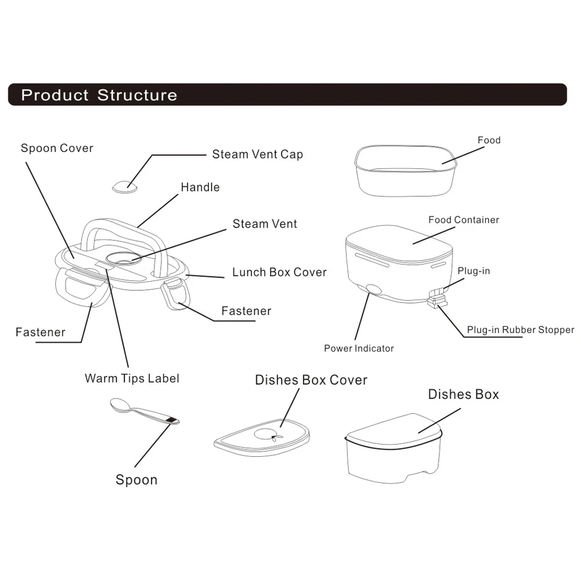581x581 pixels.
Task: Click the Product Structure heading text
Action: point(99,95)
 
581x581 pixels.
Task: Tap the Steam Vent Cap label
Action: point(257,154)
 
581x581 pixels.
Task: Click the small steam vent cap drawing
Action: point(125,186)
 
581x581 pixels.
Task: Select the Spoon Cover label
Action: point(57,148)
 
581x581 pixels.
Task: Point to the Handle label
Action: point(200,187)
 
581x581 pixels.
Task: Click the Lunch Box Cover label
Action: point(279,272)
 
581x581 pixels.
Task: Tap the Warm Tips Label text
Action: point(132,378)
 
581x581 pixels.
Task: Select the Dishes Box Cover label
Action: point(311,380)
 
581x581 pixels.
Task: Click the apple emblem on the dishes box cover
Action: point(272,434)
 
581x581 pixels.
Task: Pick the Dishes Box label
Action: point(463,395)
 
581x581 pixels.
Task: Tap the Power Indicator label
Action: point(359,348)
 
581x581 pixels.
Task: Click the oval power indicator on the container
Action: point(372,290)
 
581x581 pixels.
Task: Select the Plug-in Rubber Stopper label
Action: point(520,330)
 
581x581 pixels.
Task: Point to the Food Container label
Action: point(464,220)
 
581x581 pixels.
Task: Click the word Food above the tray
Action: point(489,140)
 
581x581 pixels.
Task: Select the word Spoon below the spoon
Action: point(136,480)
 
